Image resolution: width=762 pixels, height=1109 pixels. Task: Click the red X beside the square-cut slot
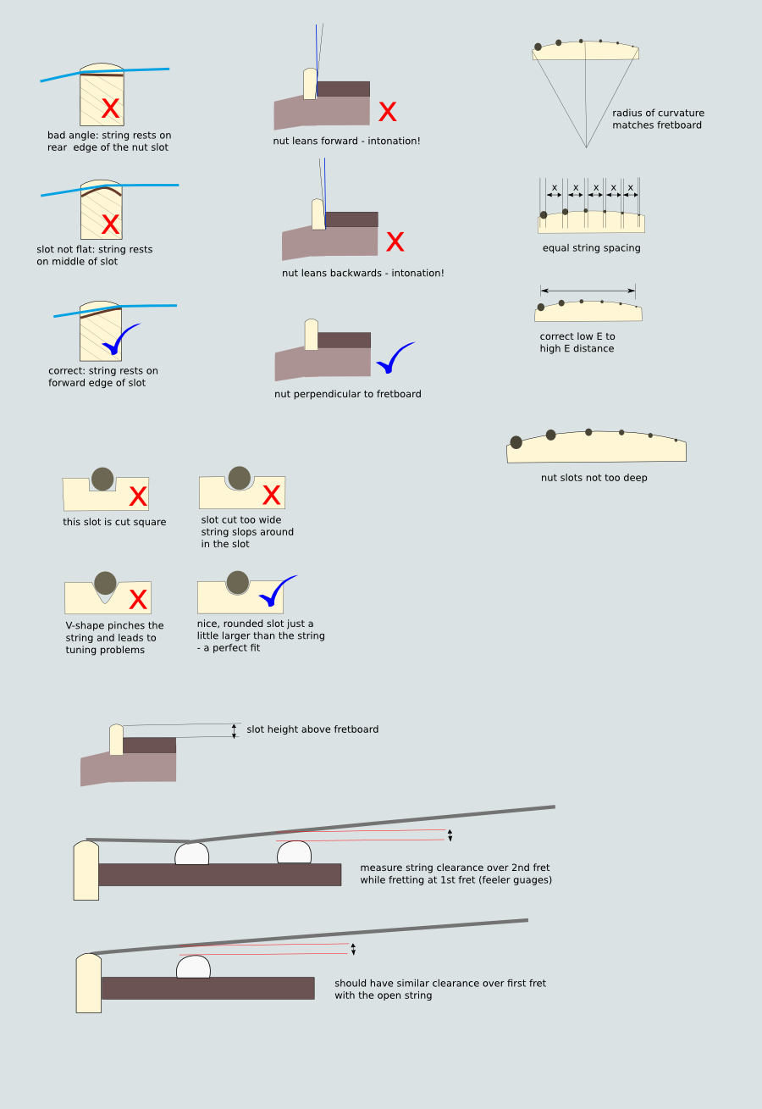(x=138, y=496)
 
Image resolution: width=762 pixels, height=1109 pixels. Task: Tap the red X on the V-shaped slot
(x=138, y=599)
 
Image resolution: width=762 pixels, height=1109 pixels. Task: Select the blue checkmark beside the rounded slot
(x=277, y=591)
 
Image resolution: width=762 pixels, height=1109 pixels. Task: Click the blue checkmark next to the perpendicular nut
(x=395, y=357)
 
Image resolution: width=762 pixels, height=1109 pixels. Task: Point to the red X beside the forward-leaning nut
(x=388, y=111)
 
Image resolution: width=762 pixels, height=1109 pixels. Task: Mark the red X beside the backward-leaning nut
(x=395, y=241)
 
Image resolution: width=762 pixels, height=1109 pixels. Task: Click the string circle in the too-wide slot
(x=240, y=478)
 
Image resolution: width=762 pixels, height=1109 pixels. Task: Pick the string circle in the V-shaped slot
(x=105, y=583)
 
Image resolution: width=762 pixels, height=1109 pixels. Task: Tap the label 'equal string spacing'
(x=591, y=247)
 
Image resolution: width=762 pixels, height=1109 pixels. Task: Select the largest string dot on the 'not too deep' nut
(x=516, y=442)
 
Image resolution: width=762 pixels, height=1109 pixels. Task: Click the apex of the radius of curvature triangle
(x=587, y=147)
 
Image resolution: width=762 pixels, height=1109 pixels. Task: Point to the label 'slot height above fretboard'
(x=312, y=729)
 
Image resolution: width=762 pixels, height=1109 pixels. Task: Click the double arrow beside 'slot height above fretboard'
(x=234, y=731)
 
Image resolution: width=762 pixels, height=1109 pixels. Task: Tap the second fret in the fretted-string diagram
(x=294, y=852)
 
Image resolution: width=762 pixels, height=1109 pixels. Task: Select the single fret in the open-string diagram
(x=194, y=967)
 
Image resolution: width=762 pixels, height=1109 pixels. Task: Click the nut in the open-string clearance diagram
(x=89, y=983)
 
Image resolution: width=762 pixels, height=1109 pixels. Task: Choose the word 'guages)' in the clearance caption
(x=533, y=879)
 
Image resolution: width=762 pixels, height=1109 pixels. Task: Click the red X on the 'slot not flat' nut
(x=110, y=225)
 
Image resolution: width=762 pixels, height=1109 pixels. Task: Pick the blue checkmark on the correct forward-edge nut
(x=120, y=338)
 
